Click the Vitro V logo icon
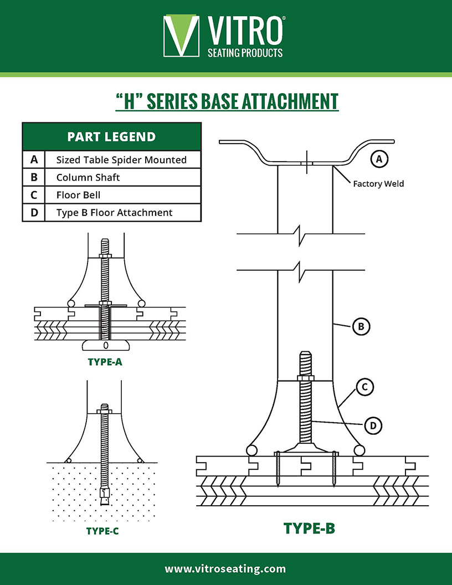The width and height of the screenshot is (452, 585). [181, 36]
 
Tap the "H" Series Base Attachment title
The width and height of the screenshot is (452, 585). [227, 102]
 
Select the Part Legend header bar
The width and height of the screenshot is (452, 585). [111, 137]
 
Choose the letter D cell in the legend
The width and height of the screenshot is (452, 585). [34, 213]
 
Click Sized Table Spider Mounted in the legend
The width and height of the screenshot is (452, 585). [121, 160]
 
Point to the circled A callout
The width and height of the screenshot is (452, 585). [379, 160]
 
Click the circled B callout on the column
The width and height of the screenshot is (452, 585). [361, 327]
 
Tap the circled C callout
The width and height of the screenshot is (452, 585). [363, 388]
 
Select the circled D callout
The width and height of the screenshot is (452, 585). [373, 425]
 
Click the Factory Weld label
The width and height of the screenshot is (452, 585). [378, 184]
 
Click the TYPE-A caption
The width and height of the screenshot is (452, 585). [105, 363]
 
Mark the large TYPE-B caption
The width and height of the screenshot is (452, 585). [309, 528]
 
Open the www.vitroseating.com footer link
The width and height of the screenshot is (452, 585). [225, 569]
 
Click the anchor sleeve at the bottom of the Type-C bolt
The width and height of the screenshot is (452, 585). [105, 494]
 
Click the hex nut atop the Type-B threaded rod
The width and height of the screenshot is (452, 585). [306, 378]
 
